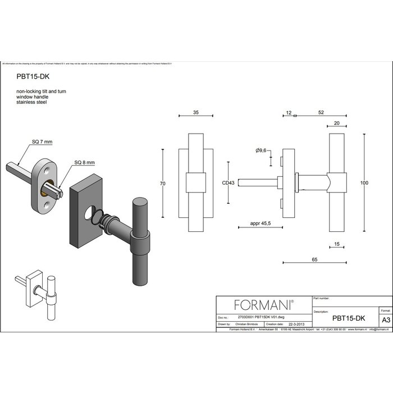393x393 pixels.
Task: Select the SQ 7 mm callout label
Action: pos(42,142)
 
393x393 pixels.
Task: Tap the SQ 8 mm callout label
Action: pos(85,163)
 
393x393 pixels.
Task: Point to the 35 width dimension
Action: pos(195,113)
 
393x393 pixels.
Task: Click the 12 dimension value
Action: pos(288,113)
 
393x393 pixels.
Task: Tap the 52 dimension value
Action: pos(321,113)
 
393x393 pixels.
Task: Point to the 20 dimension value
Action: pos(336,124)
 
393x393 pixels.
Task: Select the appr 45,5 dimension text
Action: pos(262,223)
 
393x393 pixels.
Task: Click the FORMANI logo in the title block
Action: pos(264,305)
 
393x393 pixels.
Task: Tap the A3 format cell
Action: pos(385,319)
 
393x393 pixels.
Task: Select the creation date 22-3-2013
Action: pos(296,324)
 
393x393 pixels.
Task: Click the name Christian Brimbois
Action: pos(248,324)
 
